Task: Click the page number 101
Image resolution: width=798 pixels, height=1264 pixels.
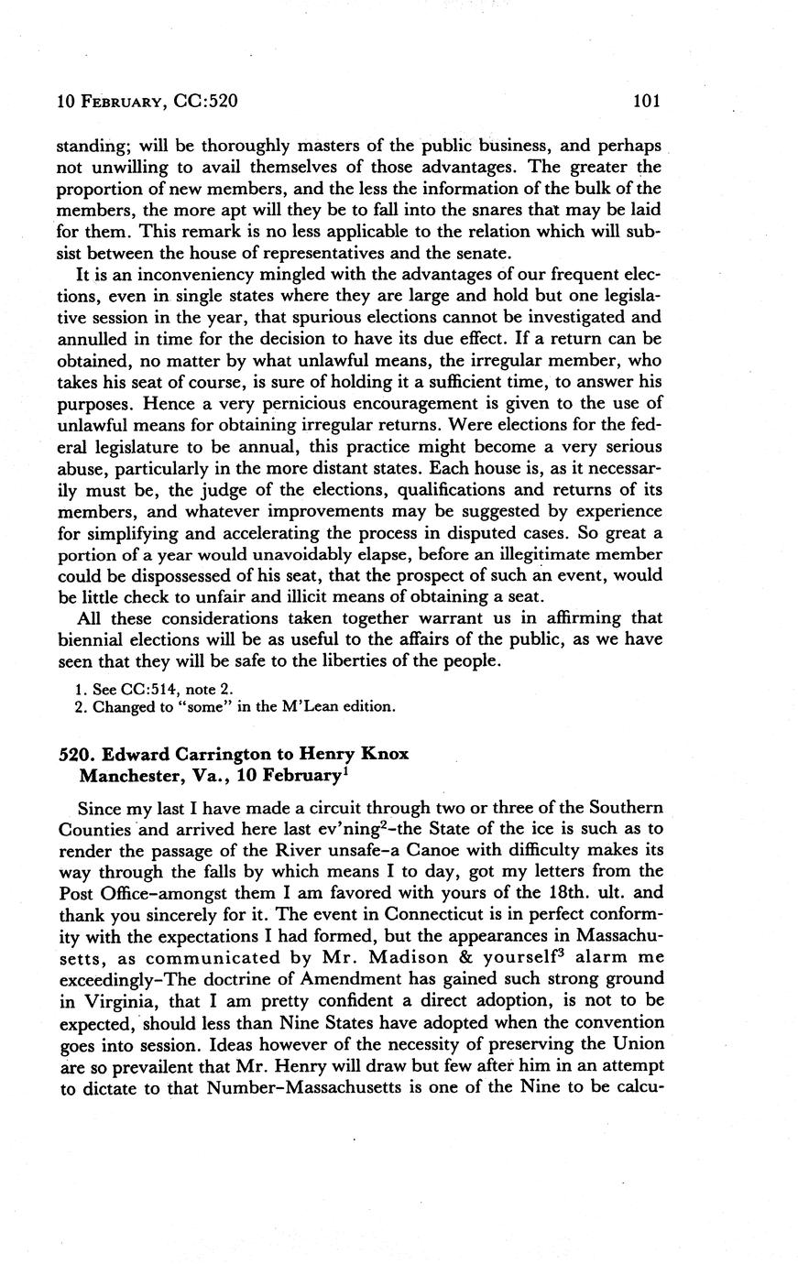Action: pos(646,102)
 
